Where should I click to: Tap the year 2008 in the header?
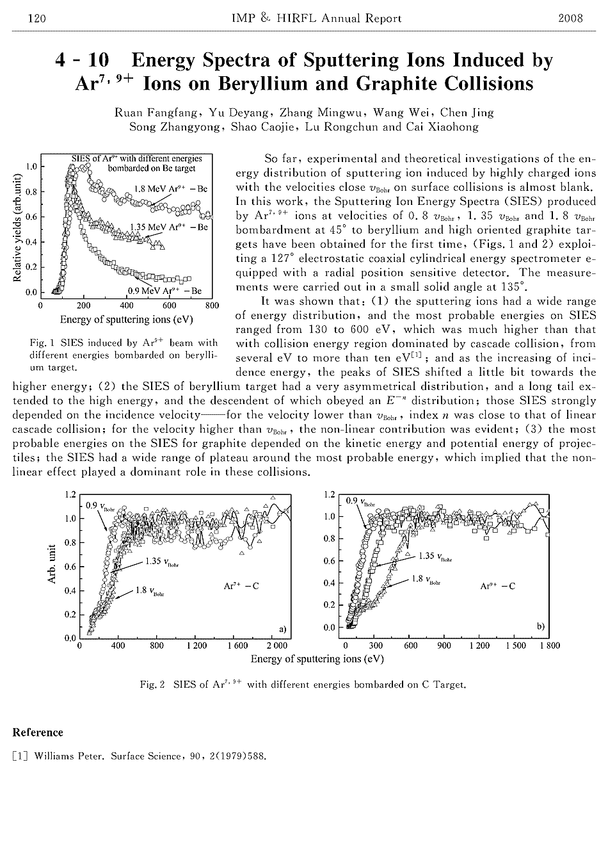tap(570, 19)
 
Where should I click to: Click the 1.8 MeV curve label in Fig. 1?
tap(170, 189)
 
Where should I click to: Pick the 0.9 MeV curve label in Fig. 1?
tap(164, 291)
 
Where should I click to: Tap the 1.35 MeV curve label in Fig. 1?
tap(168, 227)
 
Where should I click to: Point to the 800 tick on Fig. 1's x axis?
tap(212, 305)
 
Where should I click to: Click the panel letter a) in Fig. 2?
tap(282, 627)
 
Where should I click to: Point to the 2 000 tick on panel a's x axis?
tap(277, 645)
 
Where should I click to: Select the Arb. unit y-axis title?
tap(52, 564)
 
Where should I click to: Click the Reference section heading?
tap(38, 733)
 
